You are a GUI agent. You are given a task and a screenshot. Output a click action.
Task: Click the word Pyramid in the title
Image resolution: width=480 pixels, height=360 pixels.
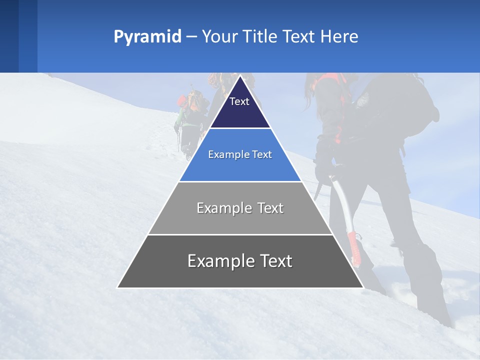click(x=147, y=37)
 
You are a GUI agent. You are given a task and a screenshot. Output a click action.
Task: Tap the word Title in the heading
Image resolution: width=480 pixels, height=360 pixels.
click(x=261, y=37)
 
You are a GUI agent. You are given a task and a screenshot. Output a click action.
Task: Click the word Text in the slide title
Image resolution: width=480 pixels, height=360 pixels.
click(x=299, y=37)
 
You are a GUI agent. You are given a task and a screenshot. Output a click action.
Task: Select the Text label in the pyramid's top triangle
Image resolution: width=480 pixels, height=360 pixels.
click(x=239, y=101)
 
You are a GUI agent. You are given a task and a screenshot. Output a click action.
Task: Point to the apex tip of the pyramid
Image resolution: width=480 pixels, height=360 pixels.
click(x=240, y=76)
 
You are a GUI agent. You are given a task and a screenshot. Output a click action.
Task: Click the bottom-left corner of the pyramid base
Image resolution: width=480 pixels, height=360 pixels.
click(x=118, y=287)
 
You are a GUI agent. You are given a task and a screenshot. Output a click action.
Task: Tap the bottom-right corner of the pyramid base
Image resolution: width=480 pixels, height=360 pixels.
click(x=362, y=287)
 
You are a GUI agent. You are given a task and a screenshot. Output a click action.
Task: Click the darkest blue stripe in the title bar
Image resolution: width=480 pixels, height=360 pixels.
click(x=9, y=36)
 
